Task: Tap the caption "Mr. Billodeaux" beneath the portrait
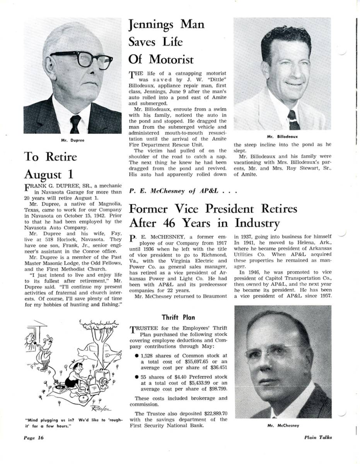[x=282, y=136]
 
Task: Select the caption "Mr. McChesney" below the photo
[x=283, y=425]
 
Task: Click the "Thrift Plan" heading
[x=178, y=317]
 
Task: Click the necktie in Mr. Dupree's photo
[x=75, y=124]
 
